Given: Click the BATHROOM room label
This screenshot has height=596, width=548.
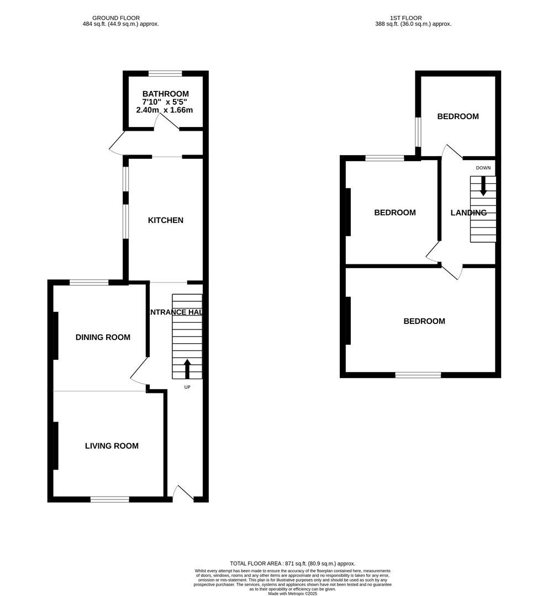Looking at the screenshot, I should [x=165, y=94].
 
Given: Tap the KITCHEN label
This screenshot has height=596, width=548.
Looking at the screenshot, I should [x=165, y=220].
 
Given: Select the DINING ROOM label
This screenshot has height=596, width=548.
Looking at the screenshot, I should [x=103, y=337].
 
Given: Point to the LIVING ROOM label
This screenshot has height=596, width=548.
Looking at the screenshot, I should [x=112, y=446].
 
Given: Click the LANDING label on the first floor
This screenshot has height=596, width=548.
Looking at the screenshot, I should [x=468, y=212].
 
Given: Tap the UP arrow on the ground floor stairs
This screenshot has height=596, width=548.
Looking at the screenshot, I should [x=187, y=369].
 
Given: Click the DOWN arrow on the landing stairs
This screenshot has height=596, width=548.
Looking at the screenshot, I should [x=483, y=186].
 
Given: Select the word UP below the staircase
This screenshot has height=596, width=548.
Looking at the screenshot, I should [x=187, y=387].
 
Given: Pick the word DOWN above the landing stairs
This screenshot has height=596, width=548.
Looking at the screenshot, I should [x=483, y=168].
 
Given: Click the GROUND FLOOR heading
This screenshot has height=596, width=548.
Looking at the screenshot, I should [x=116, y=18].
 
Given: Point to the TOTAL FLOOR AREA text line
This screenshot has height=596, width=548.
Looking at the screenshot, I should [x=292, y=563].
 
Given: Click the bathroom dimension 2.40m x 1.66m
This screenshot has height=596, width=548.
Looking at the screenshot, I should [x=165, y=110].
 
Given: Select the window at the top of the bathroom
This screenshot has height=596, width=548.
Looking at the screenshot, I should [x=165, y=73].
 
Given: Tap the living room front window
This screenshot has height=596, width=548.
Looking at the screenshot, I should [x=109, y=499].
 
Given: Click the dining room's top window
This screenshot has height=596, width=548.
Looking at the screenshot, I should [x=89, y=283].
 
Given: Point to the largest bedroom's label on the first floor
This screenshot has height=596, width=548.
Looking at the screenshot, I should [x=424, y=321].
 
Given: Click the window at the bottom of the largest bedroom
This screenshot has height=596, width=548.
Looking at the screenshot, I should [x=418, y=375].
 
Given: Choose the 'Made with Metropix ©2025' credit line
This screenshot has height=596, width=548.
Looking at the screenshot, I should [x=292, y=593].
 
